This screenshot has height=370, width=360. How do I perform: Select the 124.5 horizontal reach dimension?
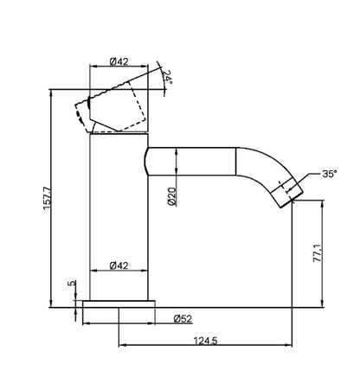point(207,341)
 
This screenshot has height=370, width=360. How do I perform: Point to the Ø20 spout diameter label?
point(173,197)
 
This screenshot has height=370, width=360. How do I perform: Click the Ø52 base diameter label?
point(182,318)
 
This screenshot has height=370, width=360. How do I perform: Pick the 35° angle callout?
point(329,173)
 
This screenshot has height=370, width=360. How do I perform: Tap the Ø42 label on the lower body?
point(120,265)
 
